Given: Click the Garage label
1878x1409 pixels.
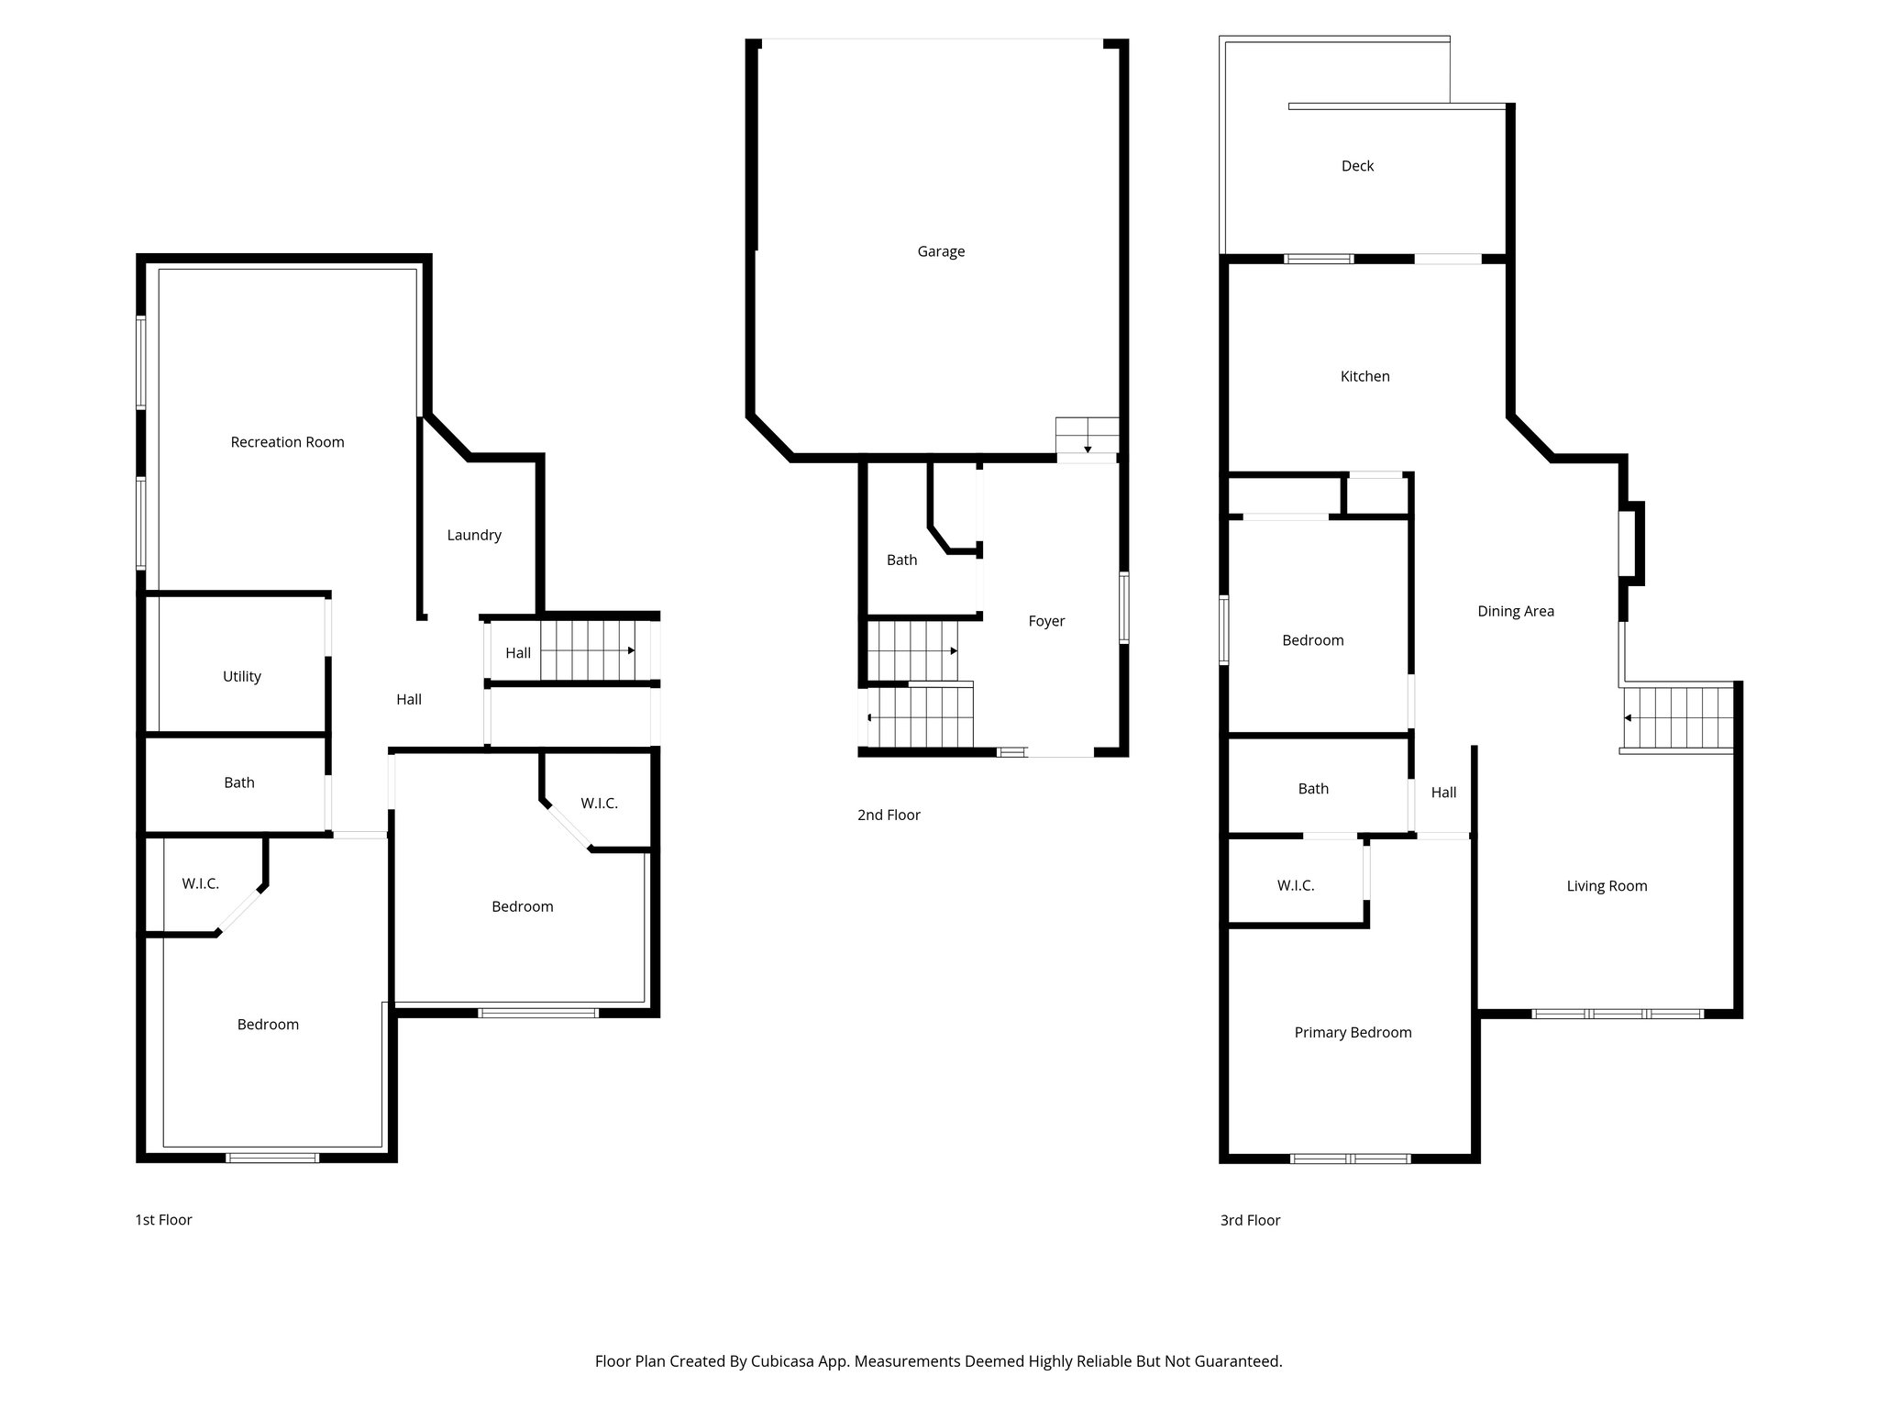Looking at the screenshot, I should click(941, 251).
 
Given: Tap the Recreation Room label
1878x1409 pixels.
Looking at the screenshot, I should click(287, 442).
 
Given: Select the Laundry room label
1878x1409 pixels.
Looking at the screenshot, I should click(474, 535).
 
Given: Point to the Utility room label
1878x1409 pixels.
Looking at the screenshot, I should click(242, 676).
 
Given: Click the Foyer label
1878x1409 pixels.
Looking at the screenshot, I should click(1046, 621).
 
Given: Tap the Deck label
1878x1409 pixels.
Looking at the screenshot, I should click(1357, 166).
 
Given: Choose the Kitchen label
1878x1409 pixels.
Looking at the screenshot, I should click(1364, 376).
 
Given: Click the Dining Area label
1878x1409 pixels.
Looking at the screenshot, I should click(1515, 611).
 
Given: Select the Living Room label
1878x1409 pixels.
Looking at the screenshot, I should click(1607, 886).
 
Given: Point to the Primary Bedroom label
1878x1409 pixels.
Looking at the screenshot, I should click(1353, 1033).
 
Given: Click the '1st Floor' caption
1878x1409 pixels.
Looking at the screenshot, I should click(163, 1220).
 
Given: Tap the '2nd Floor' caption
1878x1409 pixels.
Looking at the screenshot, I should click(889, 815).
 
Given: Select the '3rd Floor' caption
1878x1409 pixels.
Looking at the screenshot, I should click(1250, 1220).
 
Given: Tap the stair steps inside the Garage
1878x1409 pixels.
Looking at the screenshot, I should click(1087, 435).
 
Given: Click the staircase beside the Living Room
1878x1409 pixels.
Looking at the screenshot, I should click(1678, 717).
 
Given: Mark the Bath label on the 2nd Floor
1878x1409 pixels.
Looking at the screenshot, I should click(901, 560).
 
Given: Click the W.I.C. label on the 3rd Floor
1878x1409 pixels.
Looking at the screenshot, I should click(1295, 885).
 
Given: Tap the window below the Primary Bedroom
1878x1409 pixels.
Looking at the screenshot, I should click(1350, 1159).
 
